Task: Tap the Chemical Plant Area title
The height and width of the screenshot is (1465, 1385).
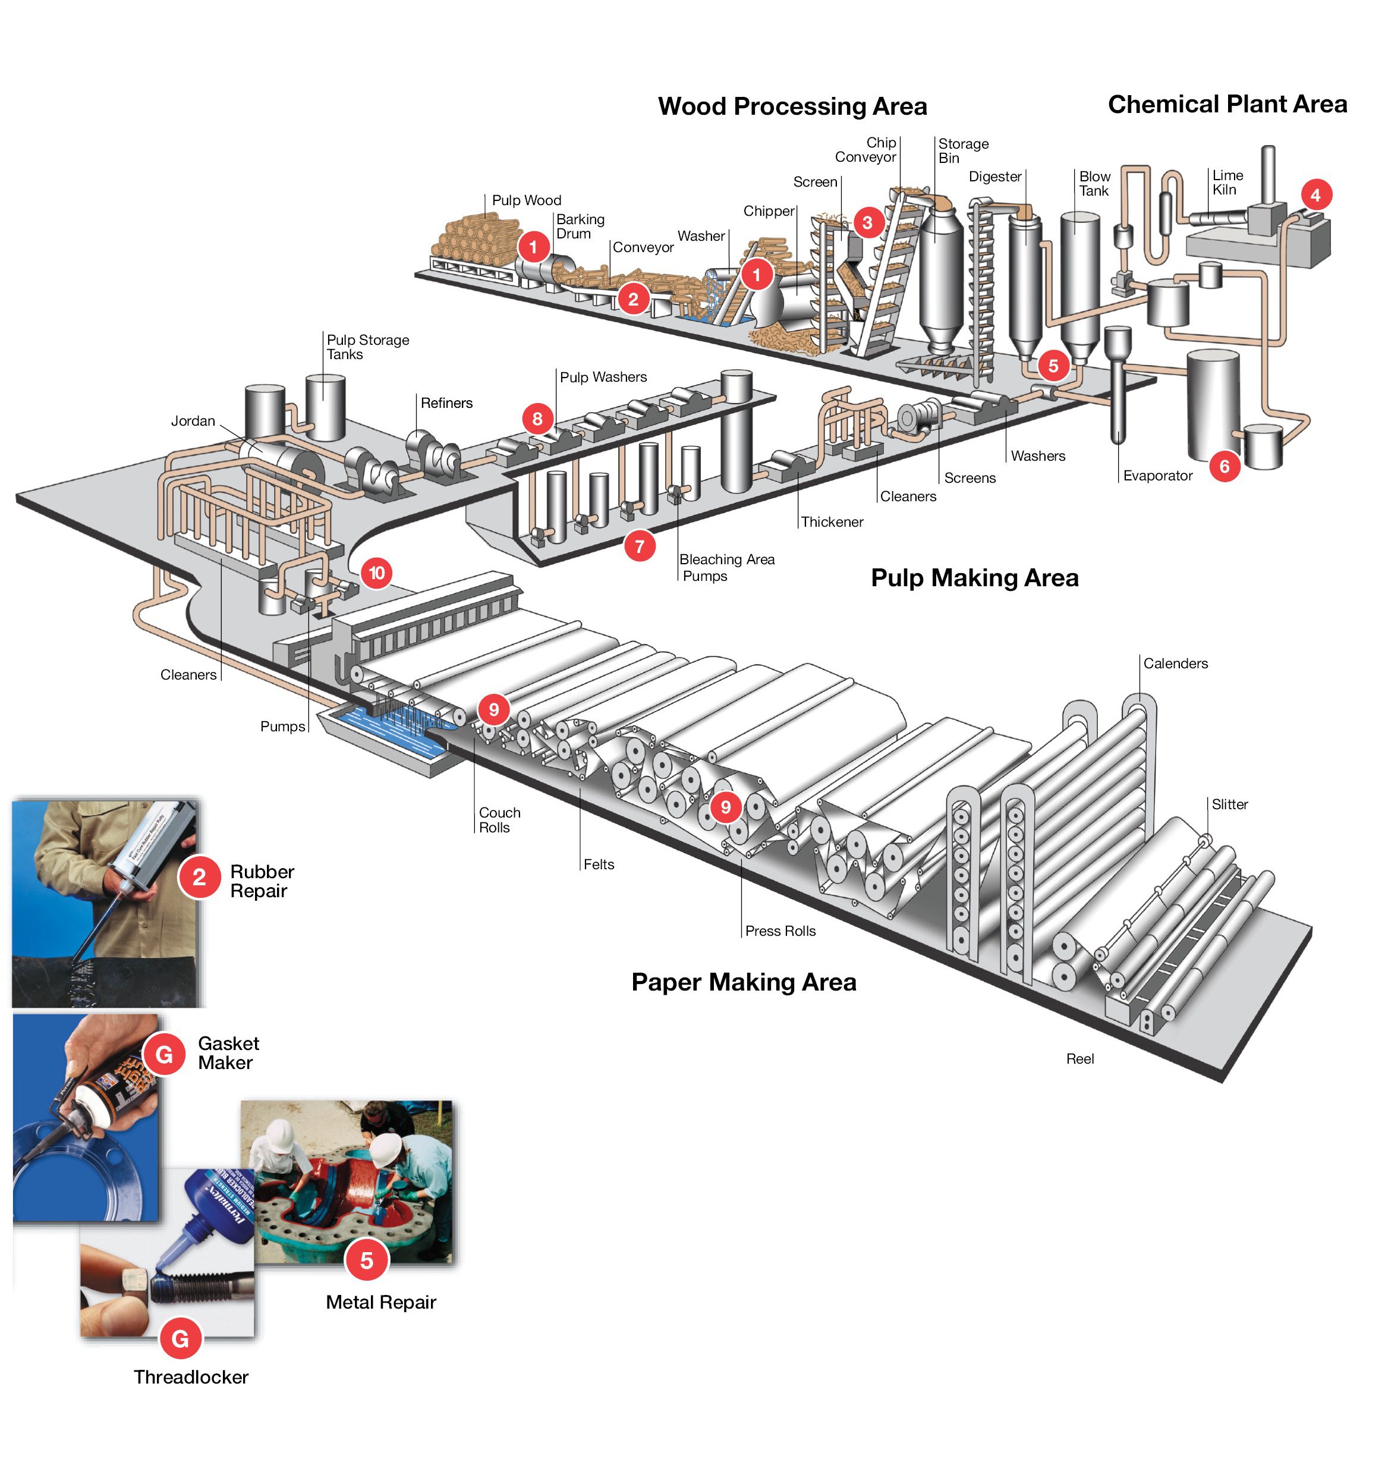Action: pos(1227,104)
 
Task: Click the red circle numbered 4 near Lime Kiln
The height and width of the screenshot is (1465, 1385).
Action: pos(1315,195)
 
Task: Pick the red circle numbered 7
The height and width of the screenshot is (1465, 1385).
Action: pos(640,546)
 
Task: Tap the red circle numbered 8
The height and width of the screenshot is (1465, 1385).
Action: pos(537,419)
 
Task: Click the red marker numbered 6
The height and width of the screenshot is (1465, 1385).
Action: pos(1224,466)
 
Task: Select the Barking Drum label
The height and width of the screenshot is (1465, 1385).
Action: pos(580,226)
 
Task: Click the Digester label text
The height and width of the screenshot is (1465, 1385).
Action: pos(994,177)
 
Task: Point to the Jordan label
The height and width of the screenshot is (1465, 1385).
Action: pos(193,421)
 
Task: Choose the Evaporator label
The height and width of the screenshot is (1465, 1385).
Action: pos(1157,476)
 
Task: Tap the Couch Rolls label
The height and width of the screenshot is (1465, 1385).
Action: pos(499,820)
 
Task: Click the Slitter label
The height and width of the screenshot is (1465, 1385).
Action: pos(1229,804)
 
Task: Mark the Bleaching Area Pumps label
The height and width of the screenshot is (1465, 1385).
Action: pos(726,567)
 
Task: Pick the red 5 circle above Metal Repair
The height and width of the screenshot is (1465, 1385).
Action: pos(366,1260)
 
